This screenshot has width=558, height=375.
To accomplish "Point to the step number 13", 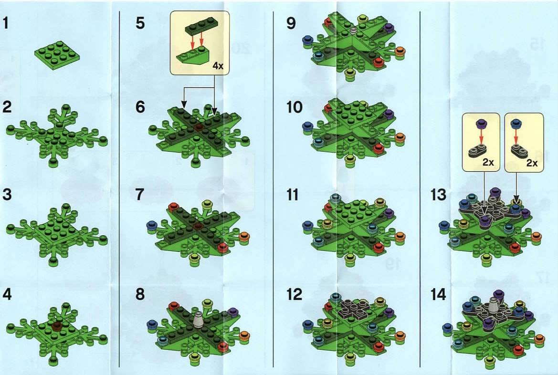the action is (x=438, y=195).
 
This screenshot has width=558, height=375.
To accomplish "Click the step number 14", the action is (x=438, y=294).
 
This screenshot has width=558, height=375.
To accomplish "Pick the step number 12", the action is (x=295, y=294).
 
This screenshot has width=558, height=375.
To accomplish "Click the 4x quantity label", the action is (x=218, y=66).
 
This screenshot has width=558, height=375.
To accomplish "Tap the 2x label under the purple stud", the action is (x=488, y=163).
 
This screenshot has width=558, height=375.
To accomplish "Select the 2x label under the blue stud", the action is (x=532, y=163).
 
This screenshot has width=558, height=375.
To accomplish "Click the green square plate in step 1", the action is (x=57, y=54).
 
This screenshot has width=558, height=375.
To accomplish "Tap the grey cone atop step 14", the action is (x=493, y=306).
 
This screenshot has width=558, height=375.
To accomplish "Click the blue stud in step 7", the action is (x=152, y=225).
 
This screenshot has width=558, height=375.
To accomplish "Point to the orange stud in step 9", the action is (x=400, y=51).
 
